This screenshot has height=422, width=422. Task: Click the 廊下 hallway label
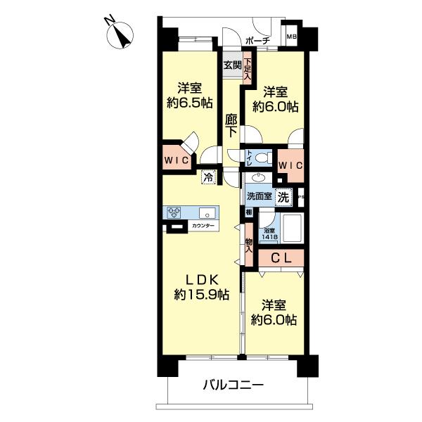point(231,127)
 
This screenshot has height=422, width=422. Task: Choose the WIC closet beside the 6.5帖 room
point(176,161)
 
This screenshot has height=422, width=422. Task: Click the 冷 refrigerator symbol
point(209,177)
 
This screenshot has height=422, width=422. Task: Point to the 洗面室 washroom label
point(259,198)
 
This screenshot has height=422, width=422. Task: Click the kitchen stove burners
point(175,211)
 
